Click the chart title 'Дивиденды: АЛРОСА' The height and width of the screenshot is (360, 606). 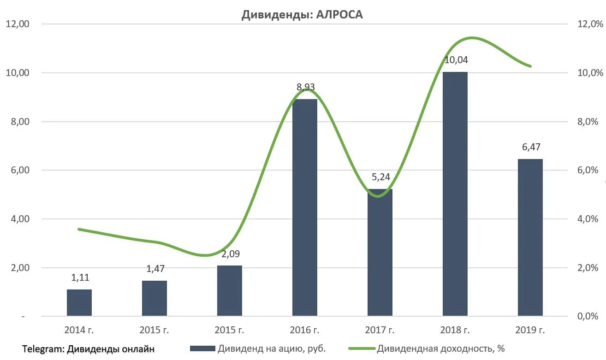tap(302, 15)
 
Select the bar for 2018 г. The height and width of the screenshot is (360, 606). tap(455, 194)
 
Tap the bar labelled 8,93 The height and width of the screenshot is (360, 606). tap(304, 207)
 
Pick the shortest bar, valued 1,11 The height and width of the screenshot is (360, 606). tap(79, 302)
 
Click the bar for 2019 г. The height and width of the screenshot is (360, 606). tap(530, 237)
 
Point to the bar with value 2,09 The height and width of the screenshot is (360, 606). tap(229, 290)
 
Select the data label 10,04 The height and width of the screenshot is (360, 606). tap(456, 60)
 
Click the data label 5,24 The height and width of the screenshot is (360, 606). tap(380, 177)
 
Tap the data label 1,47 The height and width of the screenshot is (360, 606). tap(154, 269)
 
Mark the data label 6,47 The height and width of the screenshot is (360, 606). tap(530, 148)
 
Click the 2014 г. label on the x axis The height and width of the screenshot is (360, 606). tap(79, 330)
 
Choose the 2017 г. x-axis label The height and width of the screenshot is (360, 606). tap(380, 330)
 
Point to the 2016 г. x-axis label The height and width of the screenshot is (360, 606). tap(304, 330)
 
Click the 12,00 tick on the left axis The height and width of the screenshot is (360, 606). tap(17, 24)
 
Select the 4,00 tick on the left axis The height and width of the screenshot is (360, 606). tap(19, 219)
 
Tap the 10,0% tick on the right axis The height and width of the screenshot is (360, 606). tap(590, 73)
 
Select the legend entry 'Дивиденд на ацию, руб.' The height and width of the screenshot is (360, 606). tap(272, 349)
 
